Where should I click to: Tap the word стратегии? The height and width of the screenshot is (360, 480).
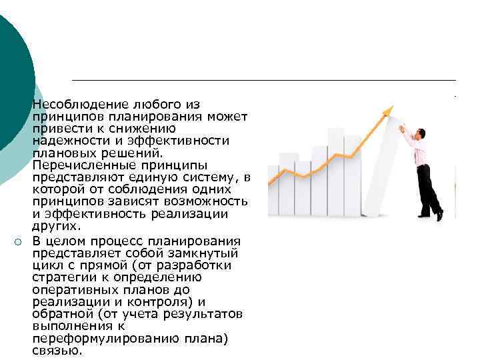pos(63,278)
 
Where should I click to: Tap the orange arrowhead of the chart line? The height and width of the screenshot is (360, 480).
pos(389,110)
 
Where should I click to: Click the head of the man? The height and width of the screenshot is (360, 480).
pos(421,133)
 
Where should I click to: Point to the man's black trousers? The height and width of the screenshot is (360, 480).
pos(427,187)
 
